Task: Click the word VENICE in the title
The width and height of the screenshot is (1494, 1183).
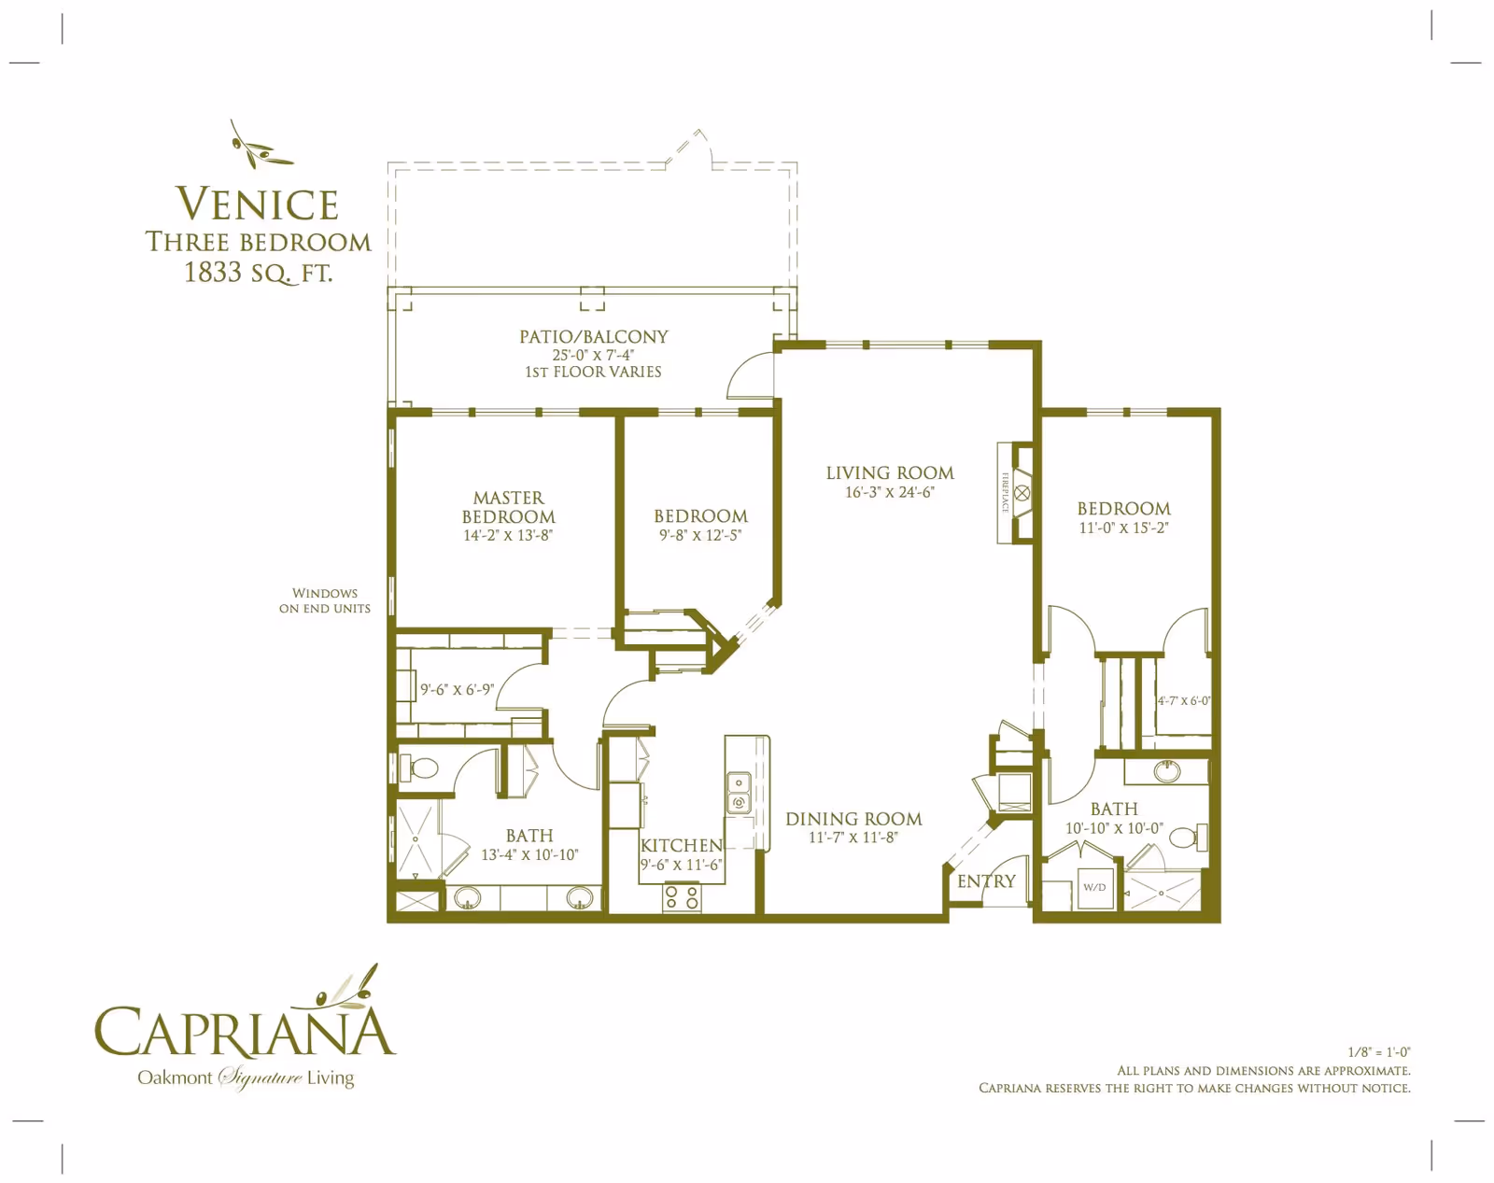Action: tap(257, 204)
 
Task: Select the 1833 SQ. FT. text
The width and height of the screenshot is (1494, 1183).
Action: tap(258, 273)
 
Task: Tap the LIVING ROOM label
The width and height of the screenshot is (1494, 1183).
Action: tap(889, 473)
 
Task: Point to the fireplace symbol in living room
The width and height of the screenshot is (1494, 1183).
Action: tap(1022, 493)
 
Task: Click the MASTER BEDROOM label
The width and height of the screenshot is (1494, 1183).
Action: tap(508, 507)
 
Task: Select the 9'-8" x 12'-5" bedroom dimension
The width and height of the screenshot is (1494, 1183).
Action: tap(700, 536)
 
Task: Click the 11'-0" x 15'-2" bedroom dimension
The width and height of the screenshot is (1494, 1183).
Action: tap(1123, 528)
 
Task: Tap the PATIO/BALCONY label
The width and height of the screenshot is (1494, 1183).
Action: tap(594, 337)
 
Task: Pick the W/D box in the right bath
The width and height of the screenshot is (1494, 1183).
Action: tap(1094, 887)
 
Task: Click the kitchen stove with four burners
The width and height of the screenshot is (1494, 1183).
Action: tap(682, 898)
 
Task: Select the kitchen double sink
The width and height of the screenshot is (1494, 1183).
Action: tap(739, 792)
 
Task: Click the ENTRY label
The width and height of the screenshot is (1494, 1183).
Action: tap(986, 881)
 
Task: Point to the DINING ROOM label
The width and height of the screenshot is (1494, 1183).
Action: tap(853, 819)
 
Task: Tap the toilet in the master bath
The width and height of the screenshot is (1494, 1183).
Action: tap(422, 768)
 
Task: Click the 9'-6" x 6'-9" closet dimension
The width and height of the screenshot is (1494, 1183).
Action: tap(457, 690)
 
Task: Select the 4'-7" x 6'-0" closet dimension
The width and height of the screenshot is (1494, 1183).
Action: tap(1183, 701)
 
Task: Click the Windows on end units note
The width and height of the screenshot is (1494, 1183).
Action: tap(324, 600)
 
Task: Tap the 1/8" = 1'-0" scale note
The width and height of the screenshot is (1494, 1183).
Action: tap(1378, 1052)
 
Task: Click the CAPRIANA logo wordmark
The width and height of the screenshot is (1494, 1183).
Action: tap(245, 1032)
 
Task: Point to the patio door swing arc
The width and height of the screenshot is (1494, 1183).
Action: tap(749, 375)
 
